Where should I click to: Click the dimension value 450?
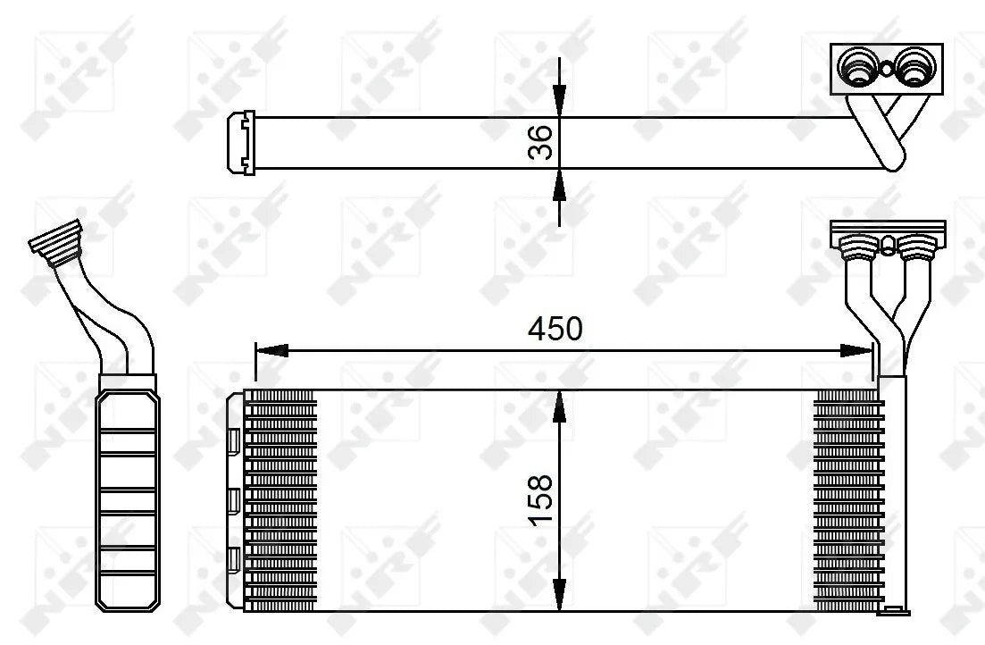tap(555, 329)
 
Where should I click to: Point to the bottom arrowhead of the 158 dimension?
tap(559, 596)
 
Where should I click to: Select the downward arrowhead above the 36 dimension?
tap(559, 101)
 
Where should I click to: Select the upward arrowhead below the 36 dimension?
tap(559, 184)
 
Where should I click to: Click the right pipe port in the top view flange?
tap(913, 66)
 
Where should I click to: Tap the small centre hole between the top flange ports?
tap(886, 67)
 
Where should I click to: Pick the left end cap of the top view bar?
tap(243, 141)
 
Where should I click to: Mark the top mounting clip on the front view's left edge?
tap(234, 440)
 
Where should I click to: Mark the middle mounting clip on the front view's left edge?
tap(234, 501)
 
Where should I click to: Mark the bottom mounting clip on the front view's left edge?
tap(234, 560)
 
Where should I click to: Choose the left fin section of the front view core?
tap(280, 500)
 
